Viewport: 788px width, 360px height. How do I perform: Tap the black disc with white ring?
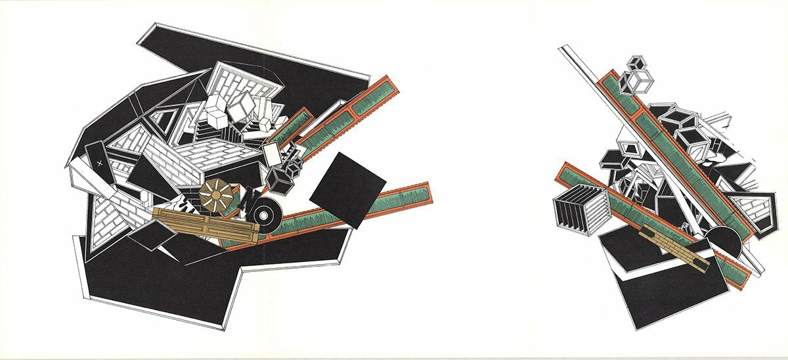[x=264, y=214]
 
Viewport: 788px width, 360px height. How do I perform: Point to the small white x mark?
[x=100, y=162]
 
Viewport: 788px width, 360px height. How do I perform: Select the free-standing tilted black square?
[x=347, y=190]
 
